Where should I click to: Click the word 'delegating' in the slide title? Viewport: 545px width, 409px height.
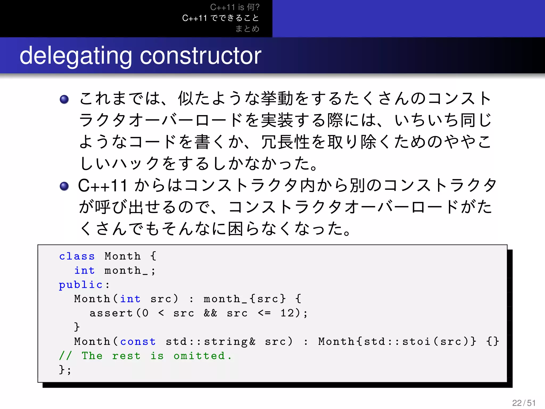pos(76,56)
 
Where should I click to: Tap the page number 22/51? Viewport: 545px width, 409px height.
pos(524,403)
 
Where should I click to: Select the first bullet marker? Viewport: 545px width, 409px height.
pos(64,99)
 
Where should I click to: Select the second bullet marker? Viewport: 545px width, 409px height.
pos(64,186)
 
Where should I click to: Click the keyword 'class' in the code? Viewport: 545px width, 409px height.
pos(77,256)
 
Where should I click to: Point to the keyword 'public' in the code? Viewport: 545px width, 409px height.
pos(81,285)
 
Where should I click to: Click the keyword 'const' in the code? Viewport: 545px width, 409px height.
pos(138,341)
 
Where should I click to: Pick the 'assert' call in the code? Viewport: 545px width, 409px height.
pos(111,313)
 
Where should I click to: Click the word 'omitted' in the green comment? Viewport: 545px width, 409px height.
pos(199,356)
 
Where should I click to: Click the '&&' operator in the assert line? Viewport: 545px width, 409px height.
pos(210,313)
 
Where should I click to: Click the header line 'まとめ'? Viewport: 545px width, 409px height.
pos(247,28)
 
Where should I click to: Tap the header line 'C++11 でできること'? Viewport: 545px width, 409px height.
pos(221,18)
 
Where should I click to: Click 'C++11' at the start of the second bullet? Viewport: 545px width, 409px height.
pos(103,186)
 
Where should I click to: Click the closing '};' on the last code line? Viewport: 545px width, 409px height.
pos(65,370)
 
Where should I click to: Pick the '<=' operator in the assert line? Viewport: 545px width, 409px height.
pos(264,313)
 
